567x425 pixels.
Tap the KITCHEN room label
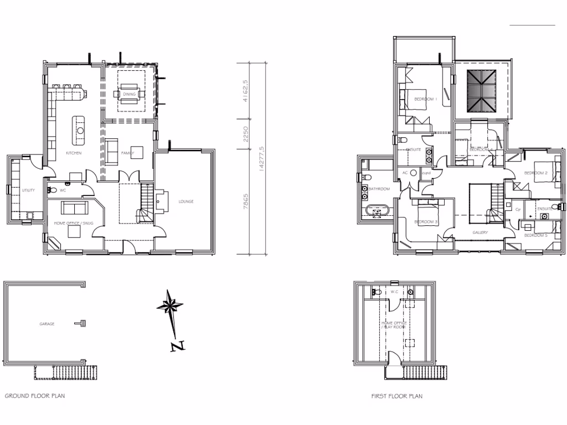point(74,153)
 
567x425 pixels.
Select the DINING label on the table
point(130,94)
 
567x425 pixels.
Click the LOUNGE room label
point(186,201)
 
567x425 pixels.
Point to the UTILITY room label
point(28,190)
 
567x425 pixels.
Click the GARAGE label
point(47,324)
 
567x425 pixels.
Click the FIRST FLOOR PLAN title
point(396,396)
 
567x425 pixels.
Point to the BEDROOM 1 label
point(426,99)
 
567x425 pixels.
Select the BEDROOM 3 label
point(426,222)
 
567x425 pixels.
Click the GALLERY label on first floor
point(480,232)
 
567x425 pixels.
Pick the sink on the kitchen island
point(81,131)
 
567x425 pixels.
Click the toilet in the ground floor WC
point(53,190)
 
